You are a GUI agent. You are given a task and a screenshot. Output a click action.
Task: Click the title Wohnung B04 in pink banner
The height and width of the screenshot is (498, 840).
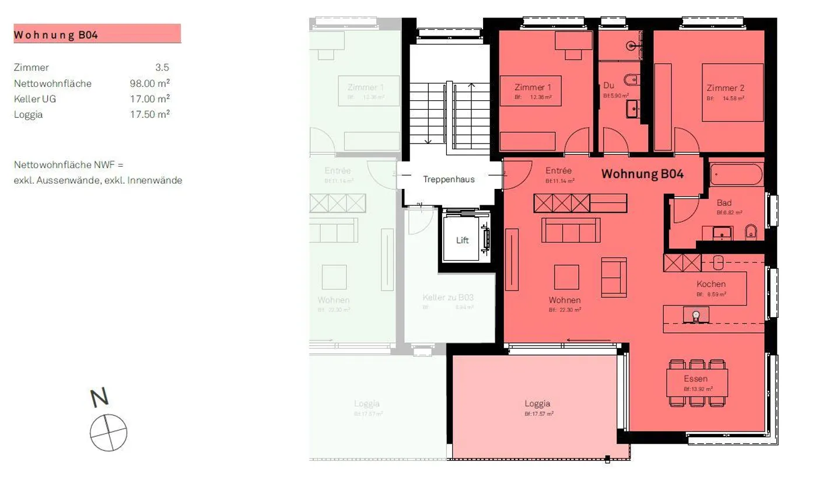(x=56, y=35)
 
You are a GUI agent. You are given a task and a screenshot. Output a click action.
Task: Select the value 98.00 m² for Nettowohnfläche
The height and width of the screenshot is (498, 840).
(x=149, y=83)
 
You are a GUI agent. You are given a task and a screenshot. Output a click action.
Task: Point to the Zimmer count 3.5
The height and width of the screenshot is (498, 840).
(x=162, y=68)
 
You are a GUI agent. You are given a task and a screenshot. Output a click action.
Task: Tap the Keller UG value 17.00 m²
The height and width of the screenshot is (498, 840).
(x=149, y=99)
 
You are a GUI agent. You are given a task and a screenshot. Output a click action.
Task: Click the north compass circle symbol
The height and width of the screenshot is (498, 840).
(x=108, y=433)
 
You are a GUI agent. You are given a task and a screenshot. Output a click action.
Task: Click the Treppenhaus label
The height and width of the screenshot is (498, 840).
(x=449, y=180)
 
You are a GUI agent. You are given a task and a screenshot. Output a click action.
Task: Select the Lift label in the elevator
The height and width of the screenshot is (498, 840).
(x=462, y=240)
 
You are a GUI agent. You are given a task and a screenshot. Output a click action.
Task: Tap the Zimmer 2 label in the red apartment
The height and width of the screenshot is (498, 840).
(x=725, y=88)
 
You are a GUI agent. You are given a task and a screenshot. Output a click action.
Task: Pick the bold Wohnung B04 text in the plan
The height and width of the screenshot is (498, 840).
(x=642, y=174)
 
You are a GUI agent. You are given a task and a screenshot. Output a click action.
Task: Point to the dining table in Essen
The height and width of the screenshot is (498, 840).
(x=696, y=383)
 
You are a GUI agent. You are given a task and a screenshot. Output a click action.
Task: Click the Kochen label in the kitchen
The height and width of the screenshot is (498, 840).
(x=710, y=285)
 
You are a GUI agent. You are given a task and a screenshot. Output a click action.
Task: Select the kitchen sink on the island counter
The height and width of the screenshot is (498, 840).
(x=696, y=315)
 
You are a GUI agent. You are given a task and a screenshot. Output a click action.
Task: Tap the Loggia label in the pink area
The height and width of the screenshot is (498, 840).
(x=537, y=404)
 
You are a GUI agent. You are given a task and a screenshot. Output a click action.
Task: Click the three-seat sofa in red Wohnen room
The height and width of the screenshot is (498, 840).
(x=570, y=230)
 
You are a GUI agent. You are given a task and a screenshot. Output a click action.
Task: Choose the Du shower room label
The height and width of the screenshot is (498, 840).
(x=608, y=86)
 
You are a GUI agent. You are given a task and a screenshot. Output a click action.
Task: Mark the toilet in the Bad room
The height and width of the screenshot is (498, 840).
(x=751, y=232)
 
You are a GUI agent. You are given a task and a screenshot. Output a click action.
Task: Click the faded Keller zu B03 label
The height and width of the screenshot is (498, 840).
(x=447, y=297)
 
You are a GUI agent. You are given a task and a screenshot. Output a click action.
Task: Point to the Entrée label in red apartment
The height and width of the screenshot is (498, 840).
(x=558, y=171)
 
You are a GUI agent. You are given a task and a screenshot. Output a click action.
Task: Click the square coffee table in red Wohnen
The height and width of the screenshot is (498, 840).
(x=566, y=277)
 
